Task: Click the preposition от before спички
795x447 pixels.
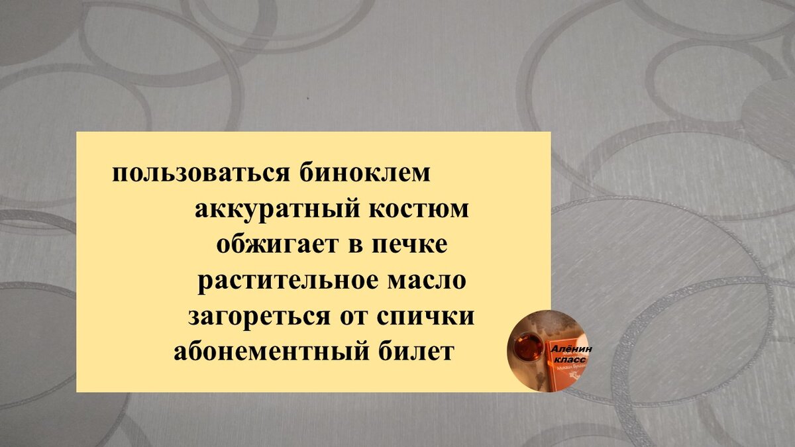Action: [x=353, y=317]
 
